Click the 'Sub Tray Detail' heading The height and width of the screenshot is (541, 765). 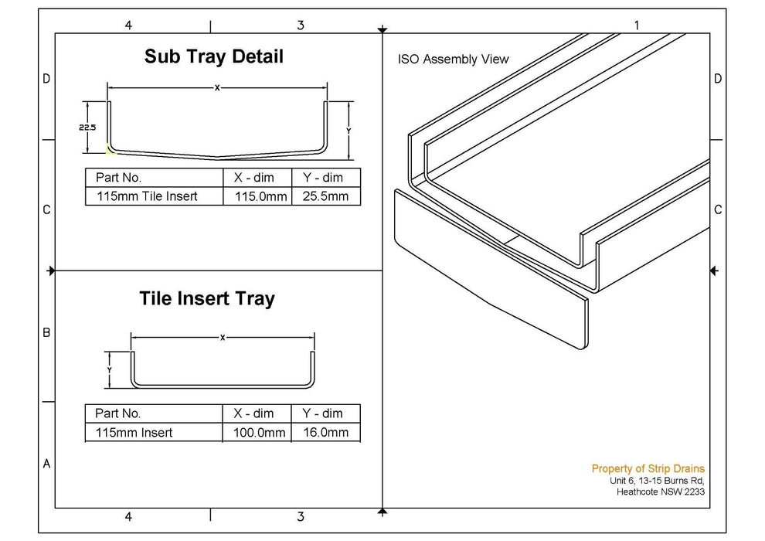tap(214, 56)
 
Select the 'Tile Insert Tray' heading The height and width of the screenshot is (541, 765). tap(206, 298)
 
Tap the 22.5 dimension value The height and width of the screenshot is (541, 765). tap(87, 128)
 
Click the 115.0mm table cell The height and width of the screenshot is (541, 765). tap(260, 196)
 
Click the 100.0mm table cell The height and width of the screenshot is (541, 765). tap(260, 433)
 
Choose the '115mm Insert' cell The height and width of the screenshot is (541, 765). tap(134, 433)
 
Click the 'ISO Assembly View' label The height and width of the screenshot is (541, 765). tap(454, 60)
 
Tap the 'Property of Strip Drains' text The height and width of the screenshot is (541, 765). tap(648, 468)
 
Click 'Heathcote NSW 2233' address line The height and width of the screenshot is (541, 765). tap(660, 492)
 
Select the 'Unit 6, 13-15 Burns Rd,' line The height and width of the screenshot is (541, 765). tap(657, 480)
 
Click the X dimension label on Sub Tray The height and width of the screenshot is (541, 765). tap(217, 88)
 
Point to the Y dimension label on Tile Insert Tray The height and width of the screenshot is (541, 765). tap(110, 369)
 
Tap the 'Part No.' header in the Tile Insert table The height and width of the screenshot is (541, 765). tap(117, 413)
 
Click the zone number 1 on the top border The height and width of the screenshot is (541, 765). tap(636, 26)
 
